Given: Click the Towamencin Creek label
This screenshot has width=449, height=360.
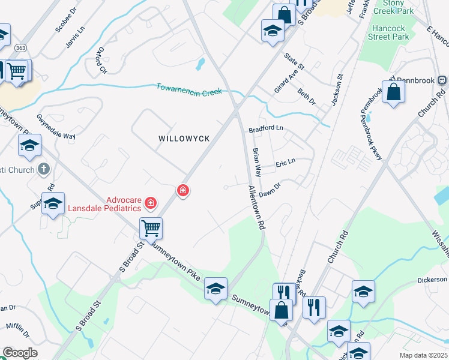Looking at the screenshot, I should (189, 89).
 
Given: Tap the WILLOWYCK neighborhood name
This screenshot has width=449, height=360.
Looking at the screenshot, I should (184, 139).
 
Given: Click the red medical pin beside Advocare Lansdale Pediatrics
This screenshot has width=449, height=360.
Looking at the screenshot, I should (150, 205).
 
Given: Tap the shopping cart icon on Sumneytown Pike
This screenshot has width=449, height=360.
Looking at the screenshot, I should (151, 227).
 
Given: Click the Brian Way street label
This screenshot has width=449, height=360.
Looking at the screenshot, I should (257, 162).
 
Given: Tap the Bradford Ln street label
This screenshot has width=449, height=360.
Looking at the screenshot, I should (265, 128).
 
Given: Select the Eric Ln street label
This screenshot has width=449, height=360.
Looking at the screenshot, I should (285, 163).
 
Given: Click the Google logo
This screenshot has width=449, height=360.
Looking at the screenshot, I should (20, 353).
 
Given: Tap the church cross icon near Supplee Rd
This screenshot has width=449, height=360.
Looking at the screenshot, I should (43, 169).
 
